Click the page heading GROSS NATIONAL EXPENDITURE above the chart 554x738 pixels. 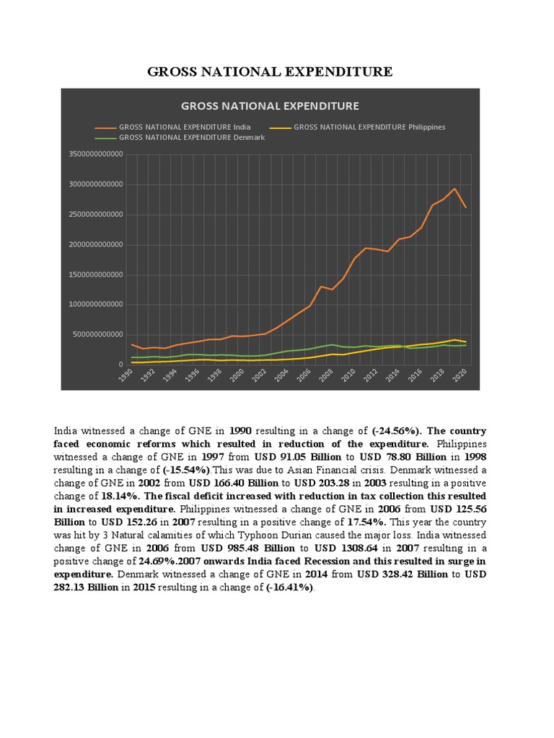[270, 71]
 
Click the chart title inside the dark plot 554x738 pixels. [270, 106]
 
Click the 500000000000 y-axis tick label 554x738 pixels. [99, 335]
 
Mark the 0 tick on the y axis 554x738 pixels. [120, 365]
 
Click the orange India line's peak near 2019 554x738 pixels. [454, 189]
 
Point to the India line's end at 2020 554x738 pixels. [466, 208]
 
